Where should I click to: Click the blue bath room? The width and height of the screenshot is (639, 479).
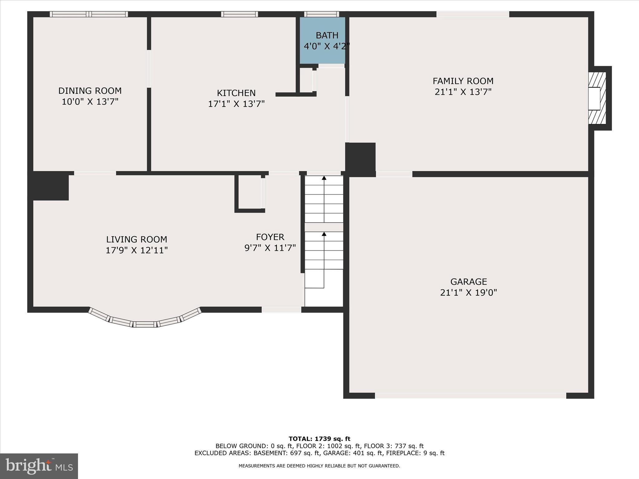323,41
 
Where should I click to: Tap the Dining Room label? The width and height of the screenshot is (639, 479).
90,91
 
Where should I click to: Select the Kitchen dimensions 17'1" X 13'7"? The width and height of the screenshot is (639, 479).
236,104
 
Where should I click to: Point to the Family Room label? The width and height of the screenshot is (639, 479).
463,81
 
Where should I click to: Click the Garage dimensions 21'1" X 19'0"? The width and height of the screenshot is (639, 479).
468,293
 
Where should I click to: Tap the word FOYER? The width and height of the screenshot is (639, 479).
270,237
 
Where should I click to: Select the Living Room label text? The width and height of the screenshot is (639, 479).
137,239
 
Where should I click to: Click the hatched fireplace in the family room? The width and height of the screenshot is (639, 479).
597,98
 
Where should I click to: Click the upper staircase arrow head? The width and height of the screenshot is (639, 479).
324,178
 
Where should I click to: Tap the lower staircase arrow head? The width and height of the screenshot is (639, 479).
324,234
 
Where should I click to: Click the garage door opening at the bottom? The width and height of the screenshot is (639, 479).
470,395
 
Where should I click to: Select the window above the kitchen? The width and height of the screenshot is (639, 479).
239,14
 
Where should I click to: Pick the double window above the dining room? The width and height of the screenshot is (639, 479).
89,14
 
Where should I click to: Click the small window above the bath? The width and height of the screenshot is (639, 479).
321,14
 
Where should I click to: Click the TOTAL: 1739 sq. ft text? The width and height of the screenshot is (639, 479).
319,439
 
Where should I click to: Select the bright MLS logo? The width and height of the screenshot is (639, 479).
39,466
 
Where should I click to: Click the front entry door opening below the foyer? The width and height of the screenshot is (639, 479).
281,310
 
